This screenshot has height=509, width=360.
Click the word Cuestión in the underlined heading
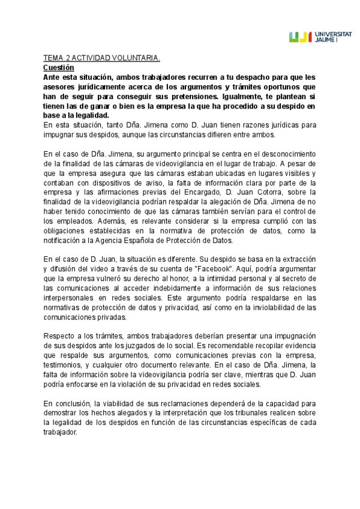coord(58,68)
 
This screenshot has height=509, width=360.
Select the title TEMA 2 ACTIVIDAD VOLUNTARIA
coord(101,59)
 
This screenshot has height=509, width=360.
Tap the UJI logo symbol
coord(300,37)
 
